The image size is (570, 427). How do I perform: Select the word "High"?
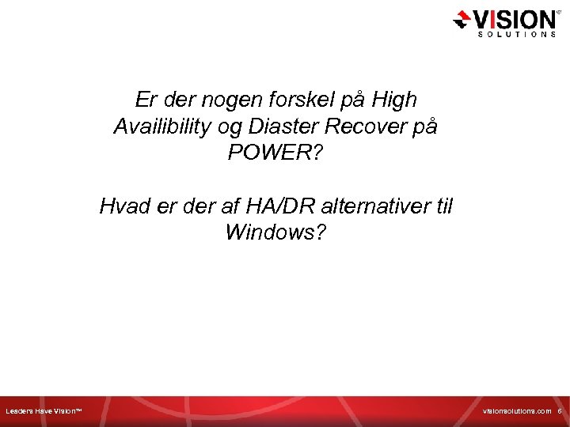tap(393, 100)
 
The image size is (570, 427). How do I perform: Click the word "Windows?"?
tap(275, 233)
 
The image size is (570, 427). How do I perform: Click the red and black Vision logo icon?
tap(462, 20)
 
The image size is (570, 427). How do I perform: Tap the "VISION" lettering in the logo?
tap(515, 18)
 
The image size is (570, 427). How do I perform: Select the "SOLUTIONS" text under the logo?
tap(515, 34)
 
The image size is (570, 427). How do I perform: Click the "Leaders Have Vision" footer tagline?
tap(44, 411)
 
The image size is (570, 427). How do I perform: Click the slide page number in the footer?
tap(559, 411)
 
